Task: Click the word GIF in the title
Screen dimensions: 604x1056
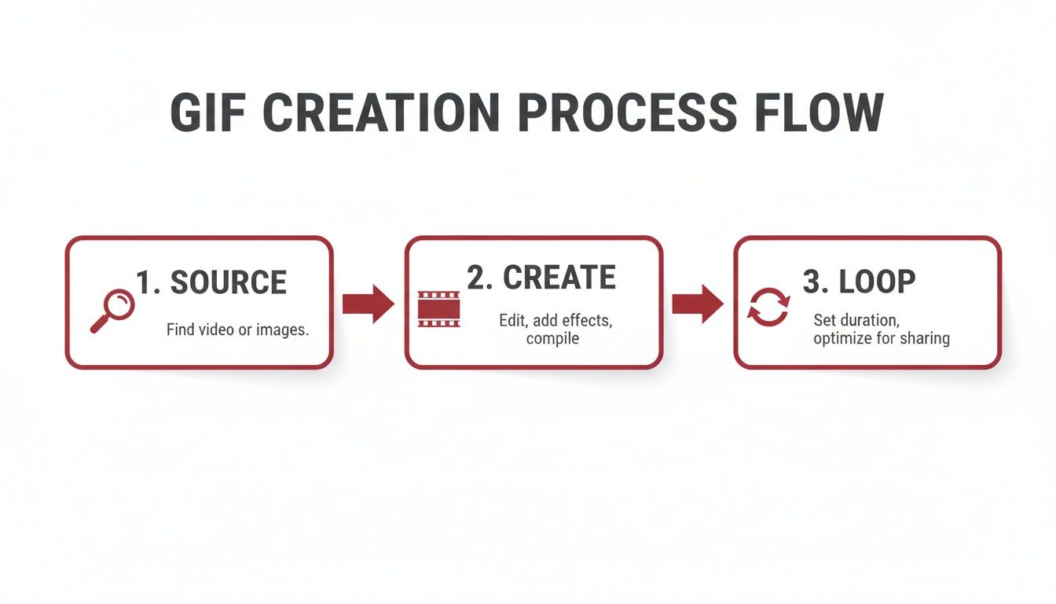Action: [x=208, y=112]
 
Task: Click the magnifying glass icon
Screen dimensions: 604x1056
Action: [x=112, y=310]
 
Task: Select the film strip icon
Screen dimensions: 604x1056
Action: [x=438, y=308]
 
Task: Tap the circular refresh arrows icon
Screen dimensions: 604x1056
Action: [x=768, y=307]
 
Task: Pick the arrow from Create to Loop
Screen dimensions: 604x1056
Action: [x=698, y=304]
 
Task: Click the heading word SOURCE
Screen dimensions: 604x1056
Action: [x=229, y=283]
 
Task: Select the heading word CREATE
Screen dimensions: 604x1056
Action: [x=559, y=278]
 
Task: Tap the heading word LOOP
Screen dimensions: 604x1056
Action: [x=878, y=282]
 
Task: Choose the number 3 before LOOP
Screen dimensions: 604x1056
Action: [x=811, y=282]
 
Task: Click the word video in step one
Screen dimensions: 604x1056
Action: [x=217, y=330]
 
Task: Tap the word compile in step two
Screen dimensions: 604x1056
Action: [x=552, y=339]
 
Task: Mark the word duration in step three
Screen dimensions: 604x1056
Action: [x=871, y=322]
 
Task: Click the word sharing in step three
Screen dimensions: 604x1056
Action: [x=926, y=339]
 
